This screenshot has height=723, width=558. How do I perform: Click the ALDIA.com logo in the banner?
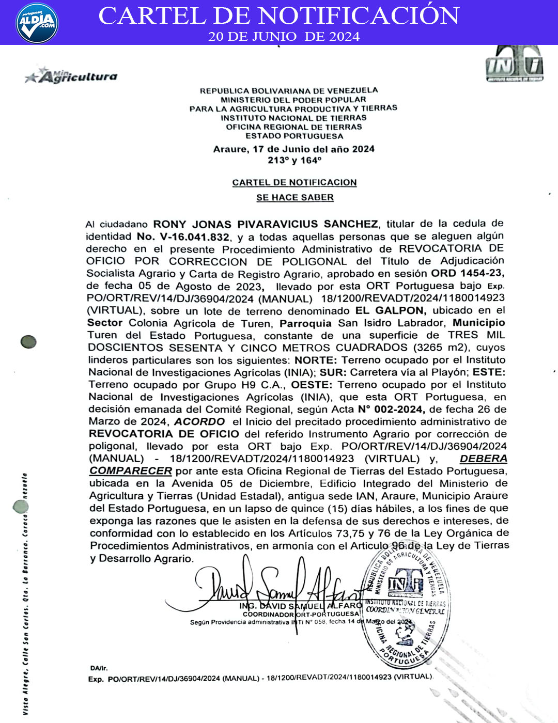[x=37, y=23]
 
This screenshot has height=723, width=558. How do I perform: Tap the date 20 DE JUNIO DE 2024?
[x=284, y=37]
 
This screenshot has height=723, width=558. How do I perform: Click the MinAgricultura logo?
[x=72, y=76]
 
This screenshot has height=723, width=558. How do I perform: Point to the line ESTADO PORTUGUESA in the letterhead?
[x=294, y=136]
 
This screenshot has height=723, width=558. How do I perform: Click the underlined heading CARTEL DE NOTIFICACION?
[x=295, y=182]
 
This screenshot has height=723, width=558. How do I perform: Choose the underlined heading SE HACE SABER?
[x=295, y=197]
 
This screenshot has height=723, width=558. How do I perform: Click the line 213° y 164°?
[x=295, y=161]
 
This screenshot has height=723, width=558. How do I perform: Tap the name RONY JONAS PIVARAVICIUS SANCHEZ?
[x=266, y=224]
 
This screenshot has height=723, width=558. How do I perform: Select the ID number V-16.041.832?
[x=183, y=237]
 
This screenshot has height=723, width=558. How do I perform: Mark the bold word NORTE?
[x=316, y=360]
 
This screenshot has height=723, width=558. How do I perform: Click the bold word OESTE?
[x=312, y=385]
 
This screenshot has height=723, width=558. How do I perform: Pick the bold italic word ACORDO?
[x=199, y=422]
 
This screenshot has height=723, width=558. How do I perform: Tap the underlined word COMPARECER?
[x=131, y=471]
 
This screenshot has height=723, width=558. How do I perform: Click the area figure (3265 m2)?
[x=442, y=348]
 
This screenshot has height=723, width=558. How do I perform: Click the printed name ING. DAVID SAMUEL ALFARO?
[x=300, y=606]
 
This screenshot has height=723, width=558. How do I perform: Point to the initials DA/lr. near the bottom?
[x=99, y=668]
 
